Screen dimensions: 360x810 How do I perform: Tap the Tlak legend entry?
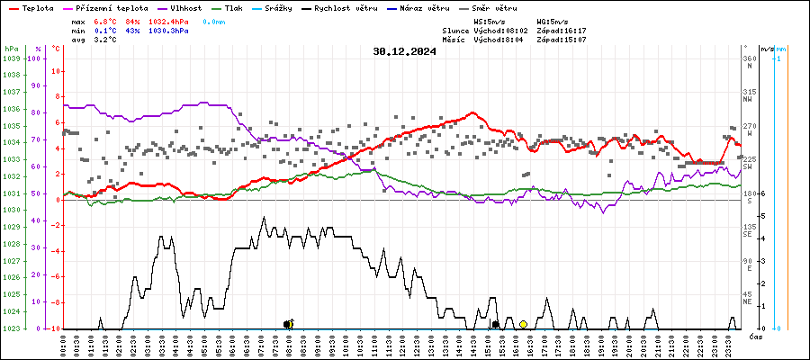pos(238,8)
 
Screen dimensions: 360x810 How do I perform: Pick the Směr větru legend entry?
pos(492,8)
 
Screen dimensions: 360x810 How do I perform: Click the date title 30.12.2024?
pos(404,51)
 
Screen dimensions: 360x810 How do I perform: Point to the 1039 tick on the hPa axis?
pos(11,58)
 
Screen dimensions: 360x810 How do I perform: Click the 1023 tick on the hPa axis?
pos(11,328)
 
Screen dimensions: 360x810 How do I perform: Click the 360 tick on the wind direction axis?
pos(749,58)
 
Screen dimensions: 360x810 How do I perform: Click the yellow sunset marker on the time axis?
pos(523,323)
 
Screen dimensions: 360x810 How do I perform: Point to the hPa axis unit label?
pos(11,49)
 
